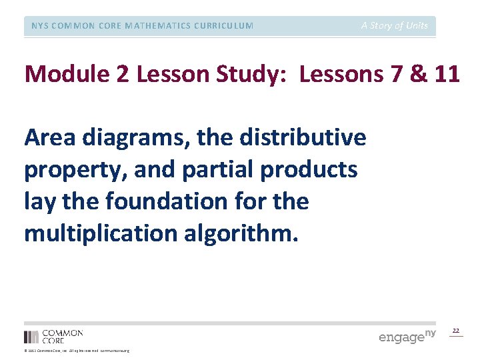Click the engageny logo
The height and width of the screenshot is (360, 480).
click(x=407, y=336)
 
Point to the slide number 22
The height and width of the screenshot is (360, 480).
click(x=456, y=331)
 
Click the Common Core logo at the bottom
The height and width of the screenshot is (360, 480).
click(x=53, y=336)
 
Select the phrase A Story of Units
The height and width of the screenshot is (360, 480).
click(x=395, y=26)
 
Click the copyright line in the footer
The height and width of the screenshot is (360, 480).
click(x=76, y=351)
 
